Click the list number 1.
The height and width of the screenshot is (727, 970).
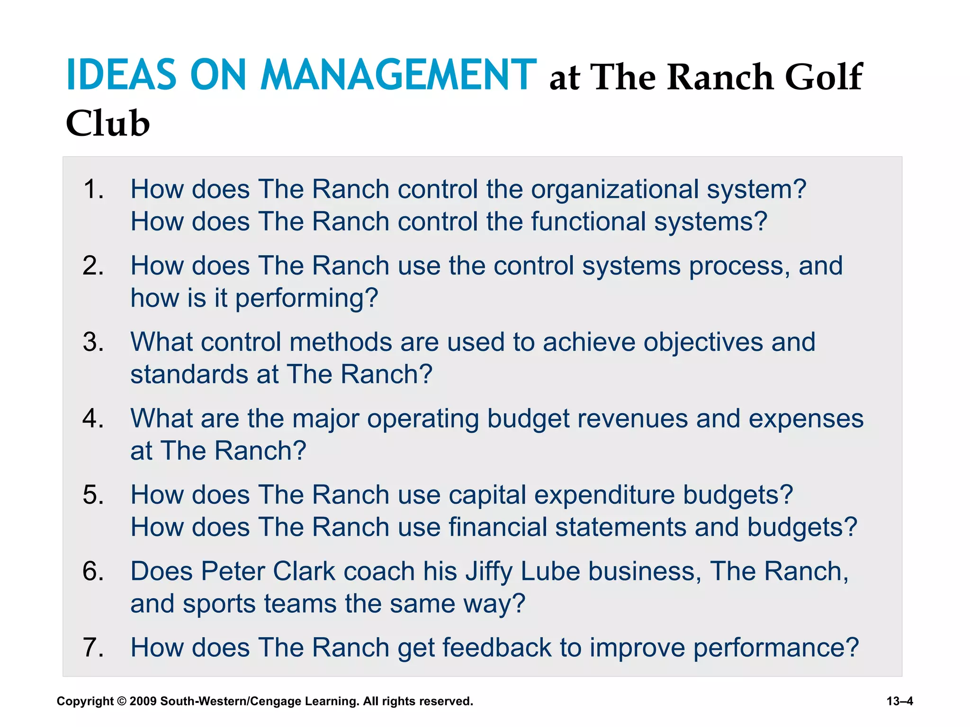point(93,189)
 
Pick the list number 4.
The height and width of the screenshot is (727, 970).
point(93,418)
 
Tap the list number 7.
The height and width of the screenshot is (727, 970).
point(93,647)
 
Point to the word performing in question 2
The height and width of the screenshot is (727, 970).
point(306,298)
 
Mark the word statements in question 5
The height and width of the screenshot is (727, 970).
point(620,527)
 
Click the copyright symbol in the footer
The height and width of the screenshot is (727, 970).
point(121,701)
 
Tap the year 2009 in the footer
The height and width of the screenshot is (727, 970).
point(143,701)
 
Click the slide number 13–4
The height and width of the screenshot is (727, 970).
point(899,701)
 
